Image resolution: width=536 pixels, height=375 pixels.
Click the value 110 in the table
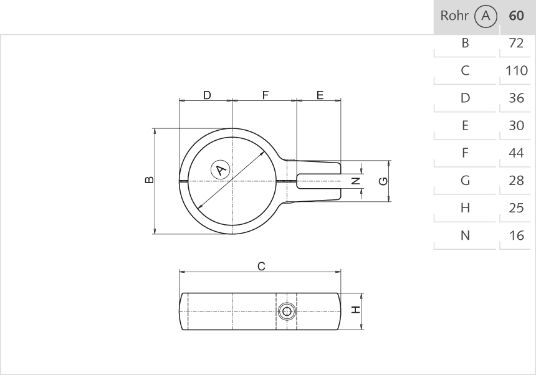click(x=516, y=70)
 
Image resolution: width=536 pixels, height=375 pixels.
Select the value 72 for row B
click(x=516, y=43)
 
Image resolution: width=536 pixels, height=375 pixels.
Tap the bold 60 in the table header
click(x=516, y=16)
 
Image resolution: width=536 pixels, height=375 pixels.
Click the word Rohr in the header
click(x=454, y=16)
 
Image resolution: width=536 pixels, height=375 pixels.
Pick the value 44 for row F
click(x=516, y=153)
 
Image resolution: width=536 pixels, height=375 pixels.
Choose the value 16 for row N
click(x=516, y=235)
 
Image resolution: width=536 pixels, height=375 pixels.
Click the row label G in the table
click(x=465, y=181)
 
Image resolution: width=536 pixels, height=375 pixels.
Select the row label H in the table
click(x=465, y=208)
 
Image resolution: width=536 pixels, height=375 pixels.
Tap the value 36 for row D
click(x=516, y=98)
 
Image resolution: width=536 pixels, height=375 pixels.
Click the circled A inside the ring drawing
click(x=220, y=169)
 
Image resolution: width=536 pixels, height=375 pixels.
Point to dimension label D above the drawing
click(x=207, y=95)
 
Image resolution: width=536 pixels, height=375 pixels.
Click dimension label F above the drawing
click(x=265, y=95)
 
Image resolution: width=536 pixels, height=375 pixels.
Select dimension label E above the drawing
click(x=320, y=95)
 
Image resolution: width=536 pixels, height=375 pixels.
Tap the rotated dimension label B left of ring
click(x=149, y=180)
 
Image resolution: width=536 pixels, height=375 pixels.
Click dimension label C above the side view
click(x=262, y=267)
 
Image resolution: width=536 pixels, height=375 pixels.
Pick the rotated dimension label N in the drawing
click(x=355, y=181)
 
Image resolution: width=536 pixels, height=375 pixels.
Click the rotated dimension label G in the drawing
click(x=383, y=181)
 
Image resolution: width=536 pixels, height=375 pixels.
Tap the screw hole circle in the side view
click(x=287, y=311)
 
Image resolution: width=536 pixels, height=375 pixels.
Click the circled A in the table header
click(x=486, y=16)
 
